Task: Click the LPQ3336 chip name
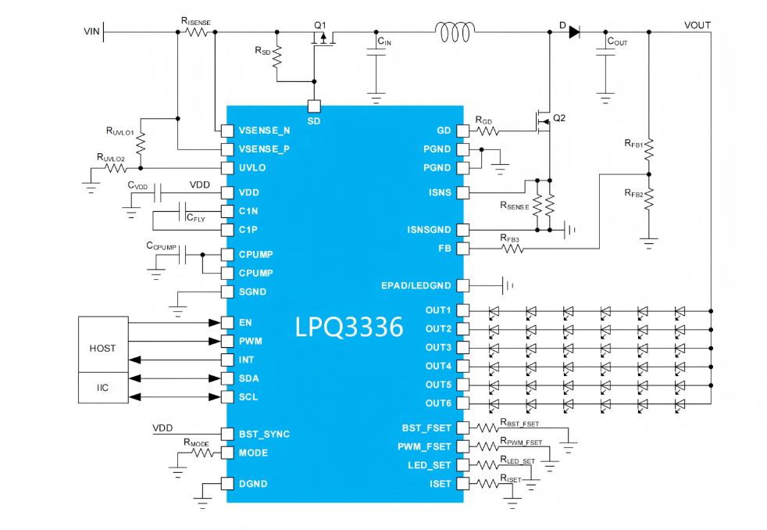pos(349,327)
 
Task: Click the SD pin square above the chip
pos(314,106)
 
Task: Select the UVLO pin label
pos(252,168)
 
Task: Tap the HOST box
pos(103,345)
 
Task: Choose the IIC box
pos(103,388)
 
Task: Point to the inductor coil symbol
pos(455,32)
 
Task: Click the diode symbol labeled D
pos(574,32)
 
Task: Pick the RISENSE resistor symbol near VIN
pos(197,32)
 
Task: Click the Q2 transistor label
pos(559,118)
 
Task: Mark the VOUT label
pos(697,26)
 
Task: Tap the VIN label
pos(91,32)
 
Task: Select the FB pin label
pos(444,249)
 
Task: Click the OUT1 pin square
pos(462,310)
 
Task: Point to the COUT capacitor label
pos(617,41)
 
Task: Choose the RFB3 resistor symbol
pos(512,249)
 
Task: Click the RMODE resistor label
pos(196,443)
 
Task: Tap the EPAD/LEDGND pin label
pos(416,286)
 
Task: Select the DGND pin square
pos(227,484)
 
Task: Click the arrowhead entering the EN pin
pos(214,323)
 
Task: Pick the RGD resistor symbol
pos(487,131)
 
